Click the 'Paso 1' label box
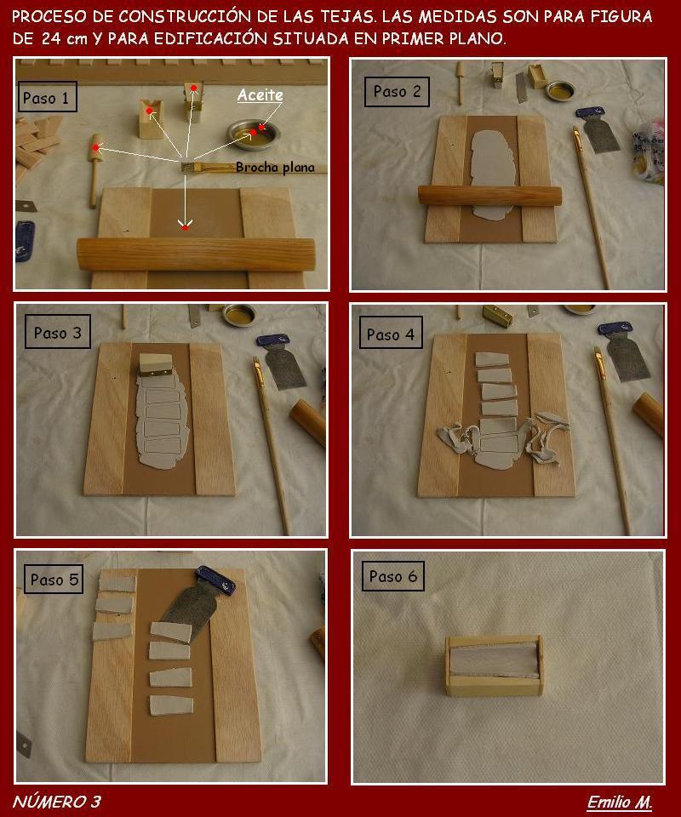[x=48, y=97]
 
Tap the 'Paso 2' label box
[x=397, y=92]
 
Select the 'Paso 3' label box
[x=57, y=332]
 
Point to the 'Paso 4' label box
[x=390, y=333]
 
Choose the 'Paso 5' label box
[x=54, y=579]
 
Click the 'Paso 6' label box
[x=393, y=576]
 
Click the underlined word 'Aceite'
[x=260, y=95]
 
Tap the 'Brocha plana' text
[x=275, y=168]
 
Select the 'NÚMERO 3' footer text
[x=56, y=802]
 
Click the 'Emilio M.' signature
[x=620, y=802]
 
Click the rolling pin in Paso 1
[x=197, y=254]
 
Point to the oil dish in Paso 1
[x=254, y=134]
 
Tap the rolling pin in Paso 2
[x=489, y=196]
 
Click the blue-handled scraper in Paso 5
[x=201, y=600]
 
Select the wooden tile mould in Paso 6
[x=494, y=666]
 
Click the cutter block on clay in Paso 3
[x=155, y=364]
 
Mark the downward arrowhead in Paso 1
[x=185, y=225]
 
